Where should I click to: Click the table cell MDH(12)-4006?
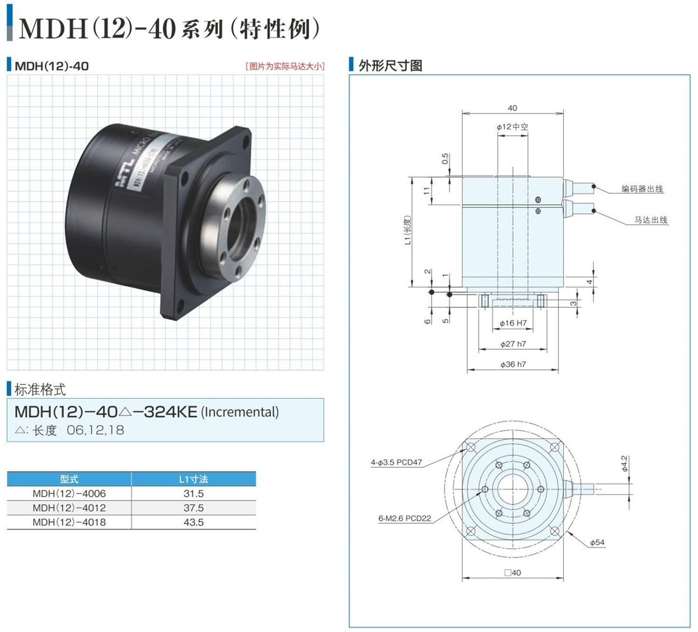tap(69, 493)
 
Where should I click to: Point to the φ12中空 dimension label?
tap(512, 127)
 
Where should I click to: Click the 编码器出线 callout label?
tap(643, 189)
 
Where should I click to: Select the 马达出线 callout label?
tap(650, 220)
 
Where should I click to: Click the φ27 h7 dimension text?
tap(512, 344)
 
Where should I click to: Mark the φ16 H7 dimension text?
tap(512, 324)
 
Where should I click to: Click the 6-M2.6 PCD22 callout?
tap(405, 518)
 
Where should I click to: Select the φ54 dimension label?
tap(598, 542)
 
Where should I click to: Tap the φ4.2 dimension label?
tap(625, 461)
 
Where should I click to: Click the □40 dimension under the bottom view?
tap(512, 572)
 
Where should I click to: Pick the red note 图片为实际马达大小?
tap(284, 65)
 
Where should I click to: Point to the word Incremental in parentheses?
tap(240, 412)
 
